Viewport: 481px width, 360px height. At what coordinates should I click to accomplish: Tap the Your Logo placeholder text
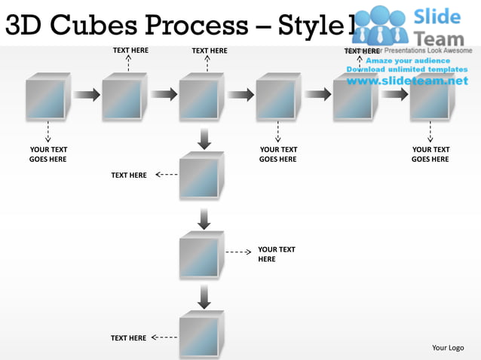(x=447, y=347)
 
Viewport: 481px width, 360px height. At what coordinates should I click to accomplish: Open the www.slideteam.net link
(x=402, y=81)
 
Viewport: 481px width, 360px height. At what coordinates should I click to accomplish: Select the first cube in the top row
(x=47, y=97)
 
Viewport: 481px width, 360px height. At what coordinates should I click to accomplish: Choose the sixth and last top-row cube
(x=431, y=97)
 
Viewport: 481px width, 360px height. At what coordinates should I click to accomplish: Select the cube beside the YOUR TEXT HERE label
(x=201, y=256)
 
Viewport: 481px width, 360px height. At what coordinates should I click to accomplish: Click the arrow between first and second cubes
(x=86, y=94)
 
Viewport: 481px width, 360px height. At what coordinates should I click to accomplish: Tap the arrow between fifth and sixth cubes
(x=394, y=94)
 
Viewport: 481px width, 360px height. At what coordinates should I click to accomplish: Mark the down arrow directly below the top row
(x=204, y=139)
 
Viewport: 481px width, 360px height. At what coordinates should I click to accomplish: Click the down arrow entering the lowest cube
(x=204, y=297)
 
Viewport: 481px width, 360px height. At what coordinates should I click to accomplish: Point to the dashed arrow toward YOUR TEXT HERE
(x=238, y=253)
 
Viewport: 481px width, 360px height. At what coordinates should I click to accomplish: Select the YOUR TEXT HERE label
(x=277, y=254)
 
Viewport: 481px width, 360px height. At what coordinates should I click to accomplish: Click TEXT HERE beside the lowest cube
(x=129, y=338)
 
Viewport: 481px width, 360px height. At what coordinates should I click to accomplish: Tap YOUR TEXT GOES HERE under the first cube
(x=47, y=154)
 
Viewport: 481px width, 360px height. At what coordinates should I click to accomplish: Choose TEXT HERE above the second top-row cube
(x=130, y=50)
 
